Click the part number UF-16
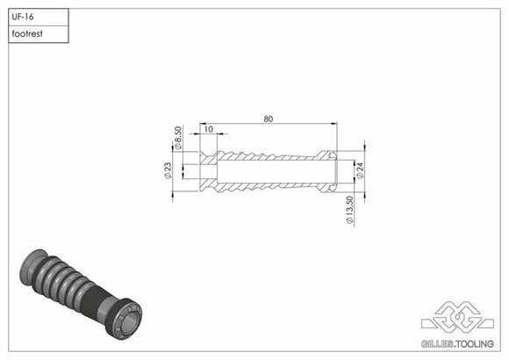click(x=24, y=17)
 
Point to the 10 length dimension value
click(x=208, y=129)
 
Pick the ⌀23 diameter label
click(x=167, y=170)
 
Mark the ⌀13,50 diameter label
click(x=350, y=210)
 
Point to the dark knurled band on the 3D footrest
click(x=96, y=303)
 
